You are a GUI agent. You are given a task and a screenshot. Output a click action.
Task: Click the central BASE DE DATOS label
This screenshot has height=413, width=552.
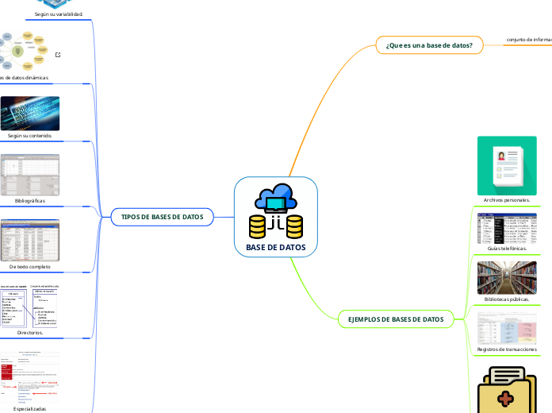click(x=276, y=248)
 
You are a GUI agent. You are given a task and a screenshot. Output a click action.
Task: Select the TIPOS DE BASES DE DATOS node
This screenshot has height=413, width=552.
click(x=162, y=217)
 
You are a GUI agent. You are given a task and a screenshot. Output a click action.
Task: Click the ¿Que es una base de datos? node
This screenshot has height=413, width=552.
click(x=428, y=45)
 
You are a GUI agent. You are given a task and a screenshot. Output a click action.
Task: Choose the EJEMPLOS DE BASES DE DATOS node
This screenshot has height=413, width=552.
click(x=401, y=319)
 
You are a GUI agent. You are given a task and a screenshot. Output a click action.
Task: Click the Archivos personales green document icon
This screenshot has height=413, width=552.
click(x=507, y=165)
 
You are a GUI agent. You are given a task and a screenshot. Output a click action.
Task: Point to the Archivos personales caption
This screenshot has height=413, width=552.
click(x=507, y=200)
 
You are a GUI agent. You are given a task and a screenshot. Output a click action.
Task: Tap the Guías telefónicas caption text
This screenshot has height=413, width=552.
click(x=507, y=248)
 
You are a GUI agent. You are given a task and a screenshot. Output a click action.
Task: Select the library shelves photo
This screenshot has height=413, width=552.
click(x=507, y=277)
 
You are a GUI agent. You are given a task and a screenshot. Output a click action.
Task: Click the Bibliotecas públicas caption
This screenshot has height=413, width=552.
click(x=507, y=300)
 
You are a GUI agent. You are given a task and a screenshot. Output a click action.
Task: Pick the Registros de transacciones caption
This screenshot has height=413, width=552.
click(x=507, y=349)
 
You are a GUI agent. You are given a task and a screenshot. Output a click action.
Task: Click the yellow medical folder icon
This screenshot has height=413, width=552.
click(x=507, y=390)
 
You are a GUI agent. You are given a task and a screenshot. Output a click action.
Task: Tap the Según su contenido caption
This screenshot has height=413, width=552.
click(x=30, y=136)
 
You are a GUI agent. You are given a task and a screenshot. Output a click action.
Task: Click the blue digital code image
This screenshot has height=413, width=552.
click(x=30, y=113)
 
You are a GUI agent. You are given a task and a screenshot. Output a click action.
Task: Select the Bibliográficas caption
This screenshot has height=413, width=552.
click(x=30, y=201)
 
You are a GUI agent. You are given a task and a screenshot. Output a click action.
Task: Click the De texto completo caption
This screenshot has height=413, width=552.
click(x=30, y=266)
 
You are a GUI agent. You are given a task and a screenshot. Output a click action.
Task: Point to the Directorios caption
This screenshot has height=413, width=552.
click(x=30, y=333)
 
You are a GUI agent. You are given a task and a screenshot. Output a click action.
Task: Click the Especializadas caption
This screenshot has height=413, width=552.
click(x=30, y=408)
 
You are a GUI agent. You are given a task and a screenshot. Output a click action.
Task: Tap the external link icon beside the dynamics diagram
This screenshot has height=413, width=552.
click(x=59, y=55)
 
